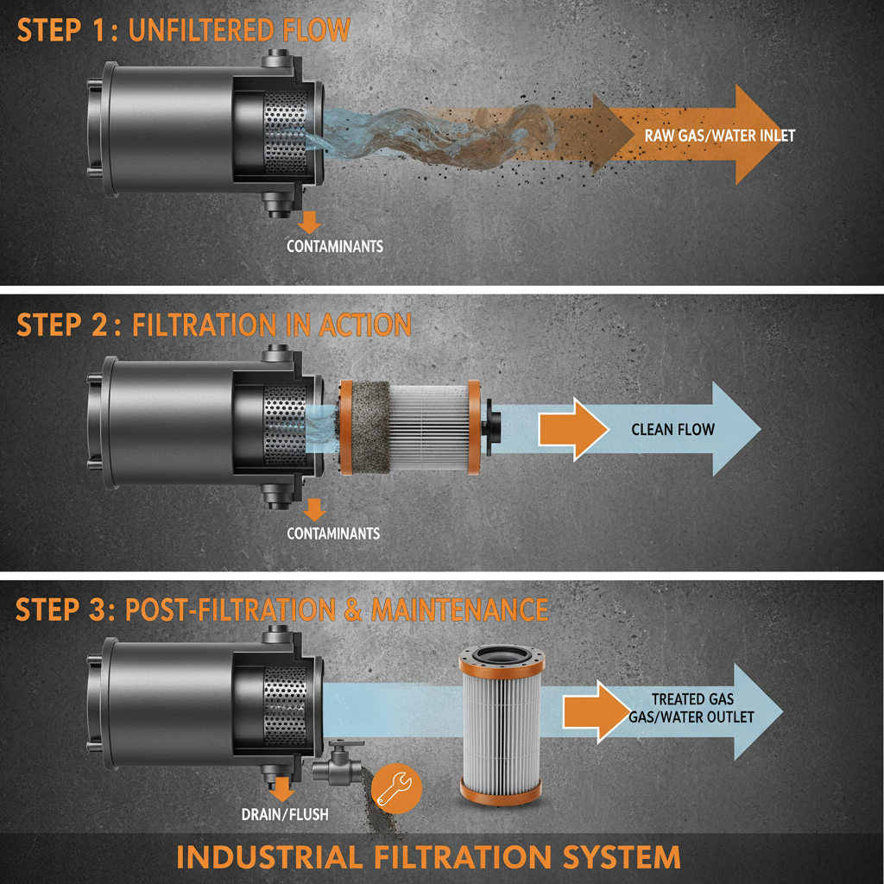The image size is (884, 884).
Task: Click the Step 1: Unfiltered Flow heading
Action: pos(183,30)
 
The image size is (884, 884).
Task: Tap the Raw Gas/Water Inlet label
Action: pos(718,136)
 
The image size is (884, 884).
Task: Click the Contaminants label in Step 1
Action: pos(334,247)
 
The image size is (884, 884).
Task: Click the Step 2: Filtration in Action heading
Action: pos(213,325)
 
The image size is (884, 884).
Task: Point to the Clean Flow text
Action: pos(672,429)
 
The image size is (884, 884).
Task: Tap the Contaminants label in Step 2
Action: pos(333,534)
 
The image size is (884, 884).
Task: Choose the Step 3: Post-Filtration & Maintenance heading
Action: pos(281,609)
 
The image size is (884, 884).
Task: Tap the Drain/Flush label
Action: pos(285,814)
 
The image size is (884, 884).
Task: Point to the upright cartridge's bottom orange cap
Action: pos(501,789)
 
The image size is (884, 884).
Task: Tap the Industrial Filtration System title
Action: pos(428,857)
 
